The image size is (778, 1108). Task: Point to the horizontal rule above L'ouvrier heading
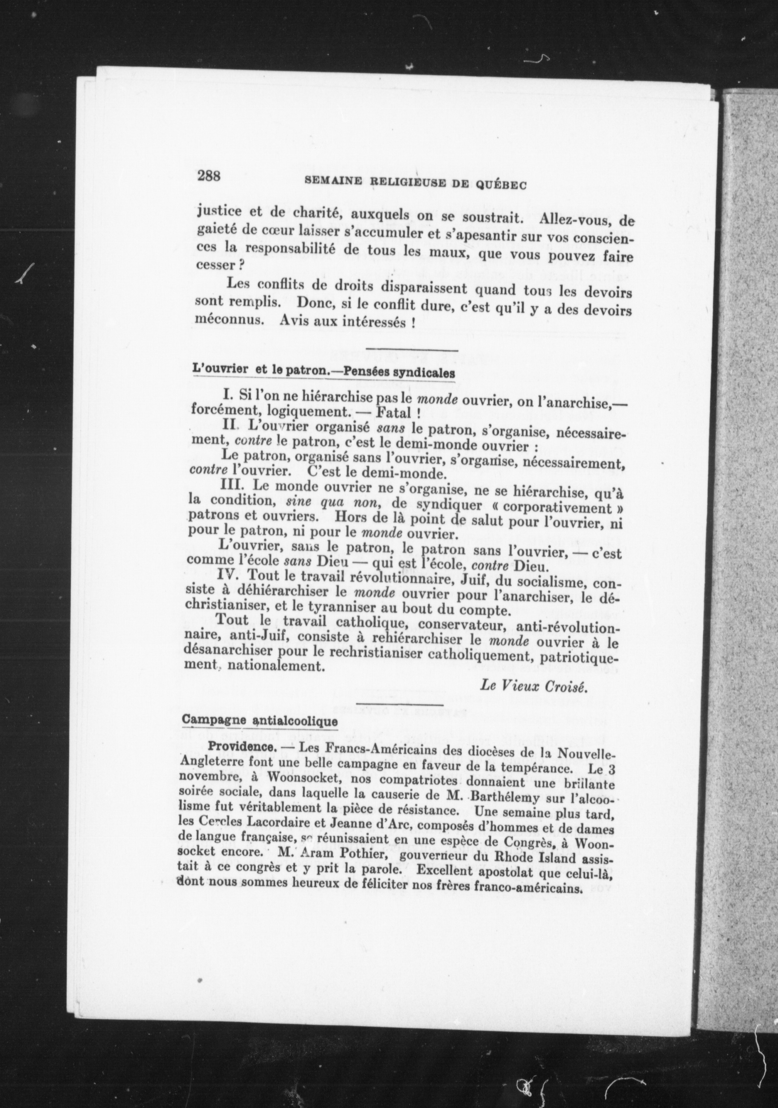(412, 350)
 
